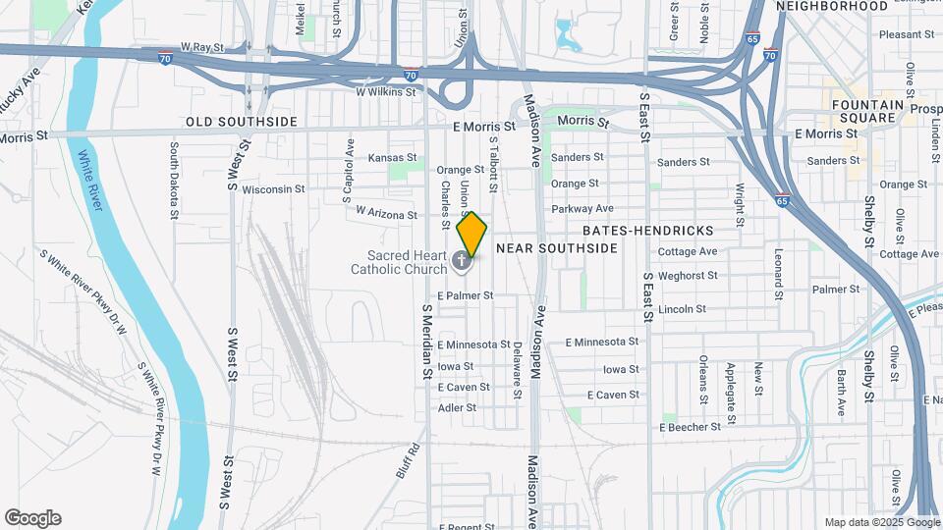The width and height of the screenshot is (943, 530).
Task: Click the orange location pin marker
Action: coord(472,233)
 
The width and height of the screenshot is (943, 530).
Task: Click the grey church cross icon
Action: coord(463,262)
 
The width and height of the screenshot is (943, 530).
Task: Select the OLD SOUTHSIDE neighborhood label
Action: coord(242,122)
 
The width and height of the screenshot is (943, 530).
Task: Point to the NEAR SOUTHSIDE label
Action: coord(557,248)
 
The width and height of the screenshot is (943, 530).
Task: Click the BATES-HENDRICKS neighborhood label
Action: coord(649,230)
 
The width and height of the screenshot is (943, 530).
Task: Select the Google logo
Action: coord(32,518)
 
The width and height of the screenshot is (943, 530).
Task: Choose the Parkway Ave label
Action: coord(582,208)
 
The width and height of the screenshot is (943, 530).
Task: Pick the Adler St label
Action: coord(457,407)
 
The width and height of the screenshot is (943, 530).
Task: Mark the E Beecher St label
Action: coord(697,427)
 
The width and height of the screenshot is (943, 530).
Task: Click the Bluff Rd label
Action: coord(409,460)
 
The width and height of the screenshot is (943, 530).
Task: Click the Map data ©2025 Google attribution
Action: coord(880,522)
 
